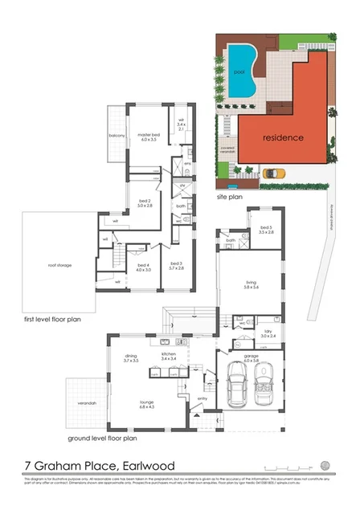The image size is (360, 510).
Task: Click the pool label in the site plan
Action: click(239, 72)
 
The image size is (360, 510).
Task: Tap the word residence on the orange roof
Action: click(284, 137)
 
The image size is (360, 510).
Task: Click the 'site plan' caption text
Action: click(230, 194)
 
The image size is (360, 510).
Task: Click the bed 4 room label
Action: click(144, 267)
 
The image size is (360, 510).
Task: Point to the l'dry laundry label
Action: click(268, 332)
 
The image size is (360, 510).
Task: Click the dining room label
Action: click(131, 358)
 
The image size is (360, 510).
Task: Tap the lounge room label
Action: click(145, 404)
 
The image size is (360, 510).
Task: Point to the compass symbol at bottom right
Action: click(325, 465)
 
